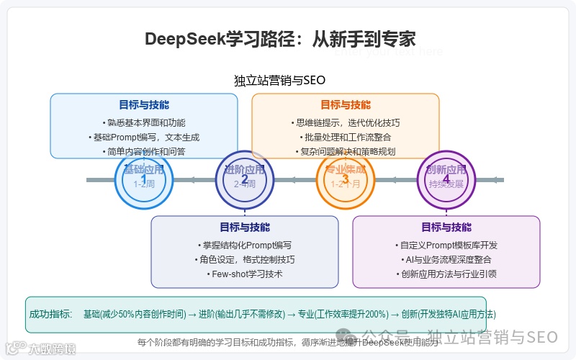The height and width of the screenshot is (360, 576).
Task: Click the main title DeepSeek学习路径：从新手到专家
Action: click(280, 38)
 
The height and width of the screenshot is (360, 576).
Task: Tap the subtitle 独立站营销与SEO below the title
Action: click(280, 80)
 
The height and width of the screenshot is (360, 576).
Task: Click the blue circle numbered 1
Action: click(144, 180)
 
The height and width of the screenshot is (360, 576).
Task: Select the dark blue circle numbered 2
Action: click(245, 180)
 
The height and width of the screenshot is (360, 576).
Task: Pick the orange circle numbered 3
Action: click(346, 180)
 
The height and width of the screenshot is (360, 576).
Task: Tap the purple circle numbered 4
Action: click(446, 180)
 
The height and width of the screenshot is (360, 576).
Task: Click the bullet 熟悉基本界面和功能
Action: click(144, 122)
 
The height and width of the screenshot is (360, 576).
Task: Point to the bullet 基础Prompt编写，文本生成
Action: click(144, 137)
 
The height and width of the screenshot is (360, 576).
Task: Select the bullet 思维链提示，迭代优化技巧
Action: click(346, 122)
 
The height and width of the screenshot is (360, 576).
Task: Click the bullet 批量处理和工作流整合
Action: click(346, 137)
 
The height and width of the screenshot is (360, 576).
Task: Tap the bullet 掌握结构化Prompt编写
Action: click(245, 245)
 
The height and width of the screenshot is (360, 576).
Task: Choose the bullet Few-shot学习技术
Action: click(245, 274)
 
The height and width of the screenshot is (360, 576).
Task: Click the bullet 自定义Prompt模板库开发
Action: click(446, 245)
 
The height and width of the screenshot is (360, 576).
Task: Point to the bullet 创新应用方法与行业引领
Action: click(446, 274)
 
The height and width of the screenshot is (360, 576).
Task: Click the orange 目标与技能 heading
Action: click(346, 104)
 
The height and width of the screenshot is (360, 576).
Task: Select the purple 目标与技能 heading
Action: click(446, 227)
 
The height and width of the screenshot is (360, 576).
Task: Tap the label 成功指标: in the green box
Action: click(50, 314)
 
